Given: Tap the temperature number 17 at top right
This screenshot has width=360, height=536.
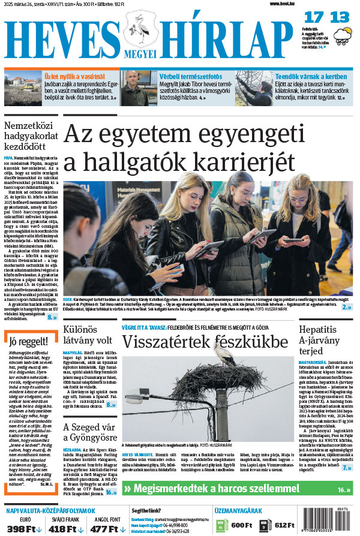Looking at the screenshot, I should (x=315, y=17).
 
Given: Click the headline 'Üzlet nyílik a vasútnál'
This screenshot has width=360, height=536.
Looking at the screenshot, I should (x=74, y=77).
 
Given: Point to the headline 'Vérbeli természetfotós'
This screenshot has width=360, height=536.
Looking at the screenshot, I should (x=191, y=77).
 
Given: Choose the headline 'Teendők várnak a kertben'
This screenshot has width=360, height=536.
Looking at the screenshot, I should (x=310, y=77).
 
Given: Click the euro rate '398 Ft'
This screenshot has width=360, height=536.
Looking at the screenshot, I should (x=24, y=528).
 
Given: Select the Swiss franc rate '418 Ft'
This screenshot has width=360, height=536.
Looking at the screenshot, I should (x=65, y=528).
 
